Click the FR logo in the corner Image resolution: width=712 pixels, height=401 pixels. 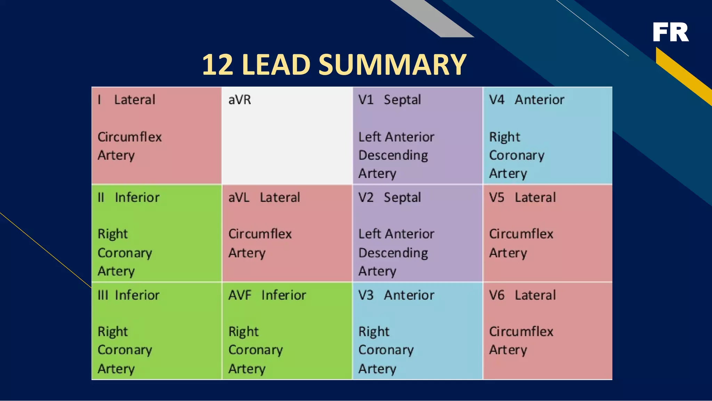pyautogui.click(x=670, y=32)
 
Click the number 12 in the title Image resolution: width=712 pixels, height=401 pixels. pyautogui.click(x=217, y=65)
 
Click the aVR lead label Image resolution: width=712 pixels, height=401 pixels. pyautogui.click(x=240, y=100)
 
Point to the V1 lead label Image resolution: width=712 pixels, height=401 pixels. pyautogui.click(x=366, y=100)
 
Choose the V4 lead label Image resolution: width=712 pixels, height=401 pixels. pyautogui.click(x=496, y=100)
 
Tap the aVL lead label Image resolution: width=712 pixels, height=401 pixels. pyautogui.click(x=239, y=198)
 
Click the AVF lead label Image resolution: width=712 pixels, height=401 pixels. pyautogui.click(x=240, y=295)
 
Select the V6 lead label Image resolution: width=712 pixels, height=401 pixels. pyautogui.click(x=496, y=295)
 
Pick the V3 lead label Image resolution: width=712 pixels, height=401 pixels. pyautogui.click(x=366, y=295)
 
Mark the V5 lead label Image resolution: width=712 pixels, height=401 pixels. pyautogui.click(x=496, y=198)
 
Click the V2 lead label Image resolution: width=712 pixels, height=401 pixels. pyautogui.click(x=366, y=198)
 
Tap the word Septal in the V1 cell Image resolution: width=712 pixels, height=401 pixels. pyautogui.click(x=402, y=100)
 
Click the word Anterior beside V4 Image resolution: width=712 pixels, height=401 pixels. pyautogui.click(x=539, y=100)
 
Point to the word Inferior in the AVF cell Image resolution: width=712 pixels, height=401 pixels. pyautogui.click(x=284, y=295)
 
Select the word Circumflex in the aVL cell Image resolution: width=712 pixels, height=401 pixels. pyautogui.click(x=260, y=234)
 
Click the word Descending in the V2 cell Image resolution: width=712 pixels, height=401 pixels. pyautogui.click(x=393, y=253)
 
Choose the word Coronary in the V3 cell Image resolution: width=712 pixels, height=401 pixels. pyautogui.click(x=386, y=350)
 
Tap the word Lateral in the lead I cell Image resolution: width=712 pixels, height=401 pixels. pyautogui.click(x=135, y=100)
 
